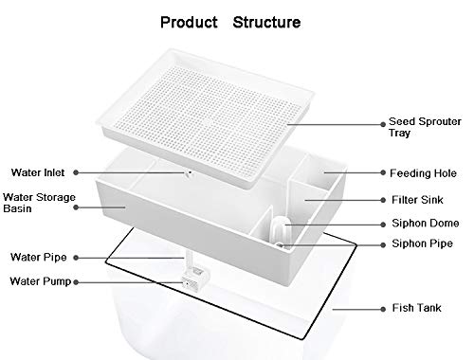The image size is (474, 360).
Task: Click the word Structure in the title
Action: point(271,20)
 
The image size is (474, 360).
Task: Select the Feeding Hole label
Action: point(421,174)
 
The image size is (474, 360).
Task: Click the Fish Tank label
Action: point(414,308)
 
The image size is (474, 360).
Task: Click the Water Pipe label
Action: point(37,257)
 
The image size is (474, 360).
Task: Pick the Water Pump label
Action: point(39,280)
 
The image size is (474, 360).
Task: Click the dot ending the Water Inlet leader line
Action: point(187,173)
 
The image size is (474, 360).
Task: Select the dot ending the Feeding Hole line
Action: point(324,173)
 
